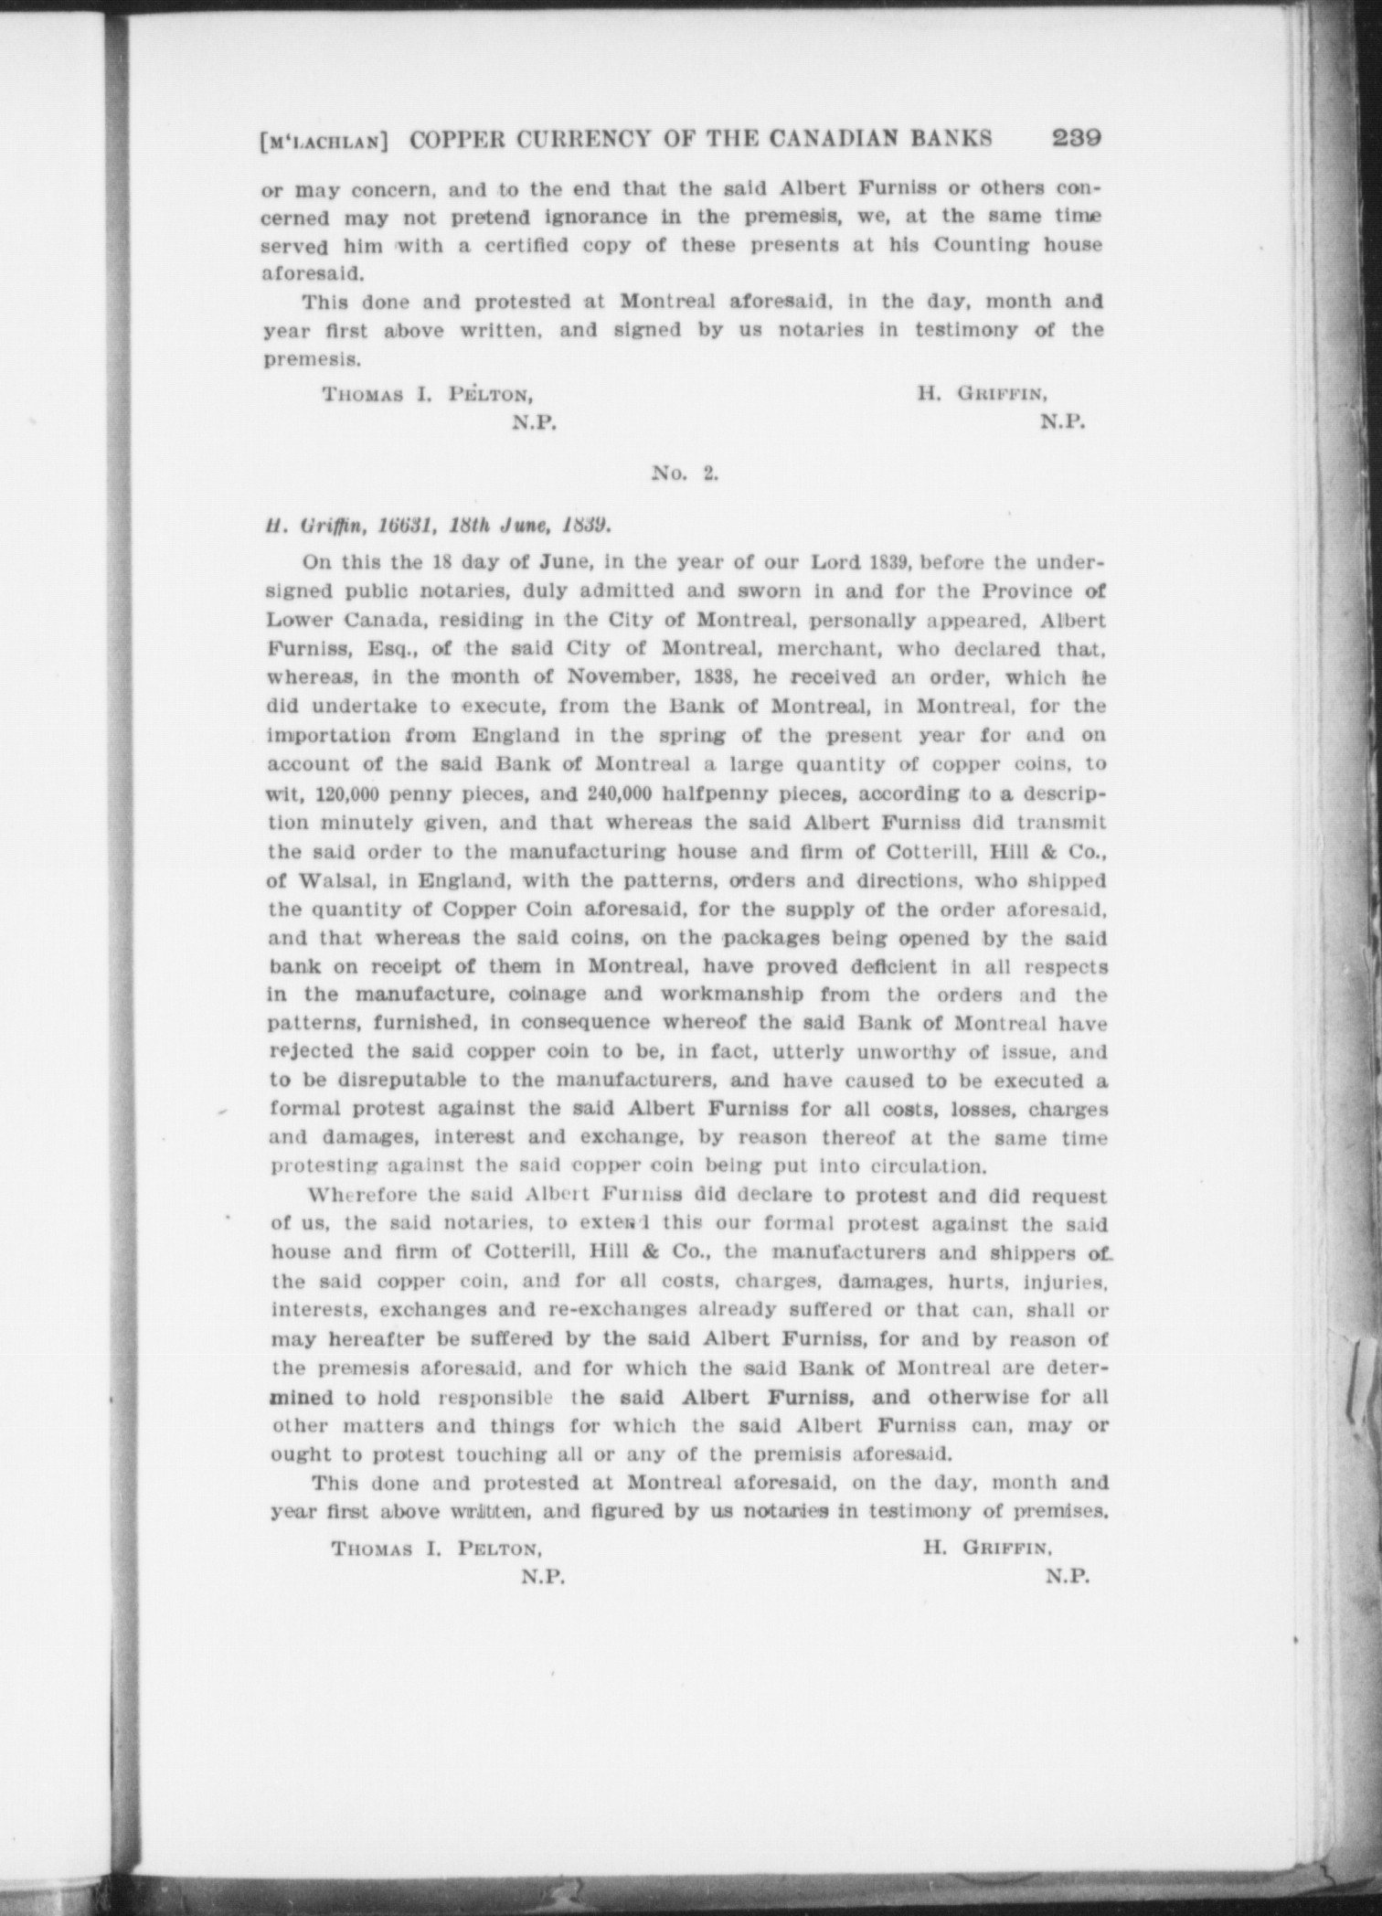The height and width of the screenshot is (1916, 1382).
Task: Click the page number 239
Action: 1077,138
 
